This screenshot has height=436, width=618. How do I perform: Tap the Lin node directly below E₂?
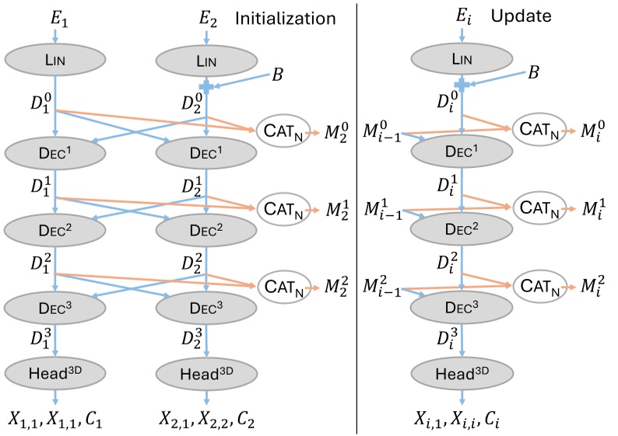point(205,60)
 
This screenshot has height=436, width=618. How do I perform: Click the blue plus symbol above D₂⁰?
point(205,84)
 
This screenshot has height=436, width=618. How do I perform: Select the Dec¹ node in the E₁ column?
point(55,152)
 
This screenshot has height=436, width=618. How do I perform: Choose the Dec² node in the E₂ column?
point(205,229)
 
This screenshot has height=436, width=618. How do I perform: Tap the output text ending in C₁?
point(55,420)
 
